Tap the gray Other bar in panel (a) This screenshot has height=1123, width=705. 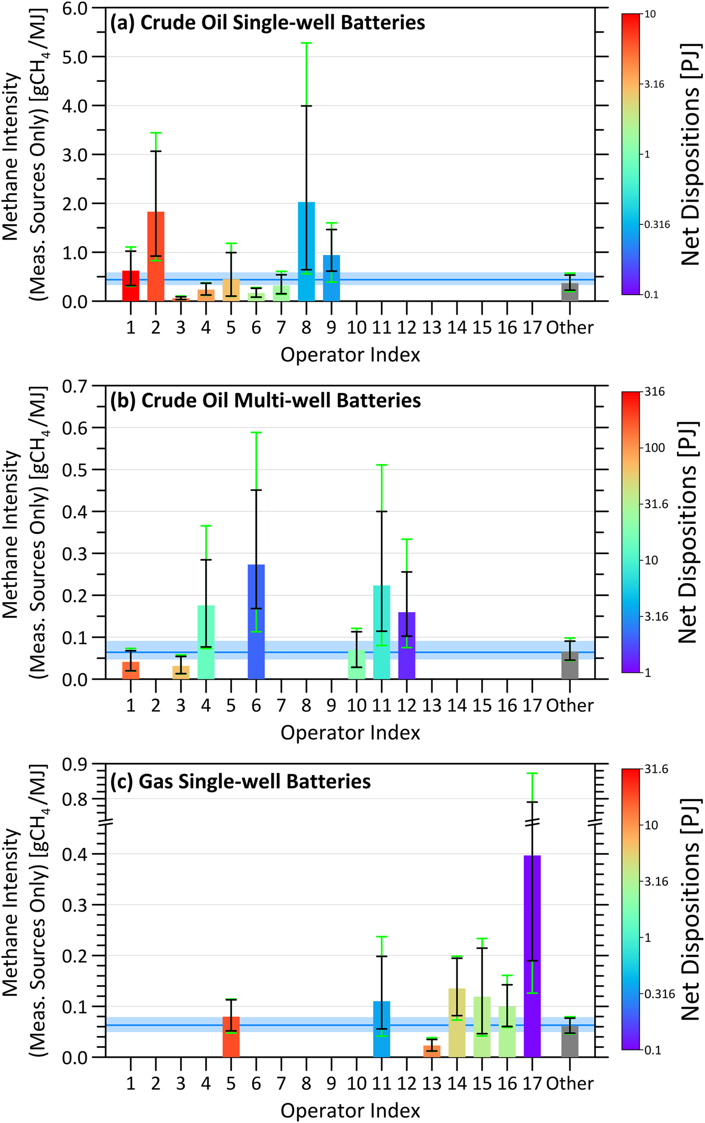click(570, 292)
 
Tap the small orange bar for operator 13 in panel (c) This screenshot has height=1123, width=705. click(431, 1052)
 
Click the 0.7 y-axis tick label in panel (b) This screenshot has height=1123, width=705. click(75, 387)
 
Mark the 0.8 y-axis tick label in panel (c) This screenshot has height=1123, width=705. click(75, 799)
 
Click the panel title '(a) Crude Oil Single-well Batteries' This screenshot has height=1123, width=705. click(267, 23)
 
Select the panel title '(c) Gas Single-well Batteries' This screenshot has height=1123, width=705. click(240, 781)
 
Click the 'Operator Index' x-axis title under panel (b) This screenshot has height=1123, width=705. click(350, 733)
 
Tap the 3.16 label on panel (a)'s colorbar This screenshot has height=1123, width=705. click(654, 84)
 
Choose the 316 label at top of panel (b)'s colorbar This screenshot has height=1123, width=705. click(654, 392)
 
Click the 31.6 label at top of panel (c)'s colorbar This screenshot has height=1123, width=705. click(656, 769)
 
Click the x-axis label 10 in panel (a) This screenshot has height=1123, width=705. click(356, 328)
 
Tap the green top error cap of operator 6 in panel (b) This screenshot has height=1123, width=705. click(256, 432)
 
